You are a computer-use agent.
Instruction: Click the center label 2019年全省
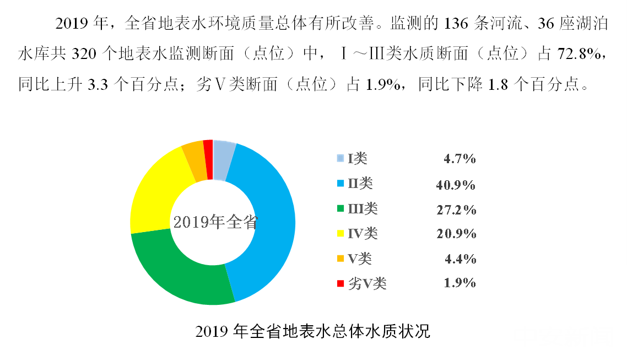pos(215,222)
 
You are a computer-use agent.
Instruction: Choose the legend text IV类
pos(363,234)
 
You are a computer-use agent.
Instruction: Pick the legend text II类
pos(361,184)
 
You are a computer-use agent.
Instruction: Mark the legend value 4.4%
pos(460,259)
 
